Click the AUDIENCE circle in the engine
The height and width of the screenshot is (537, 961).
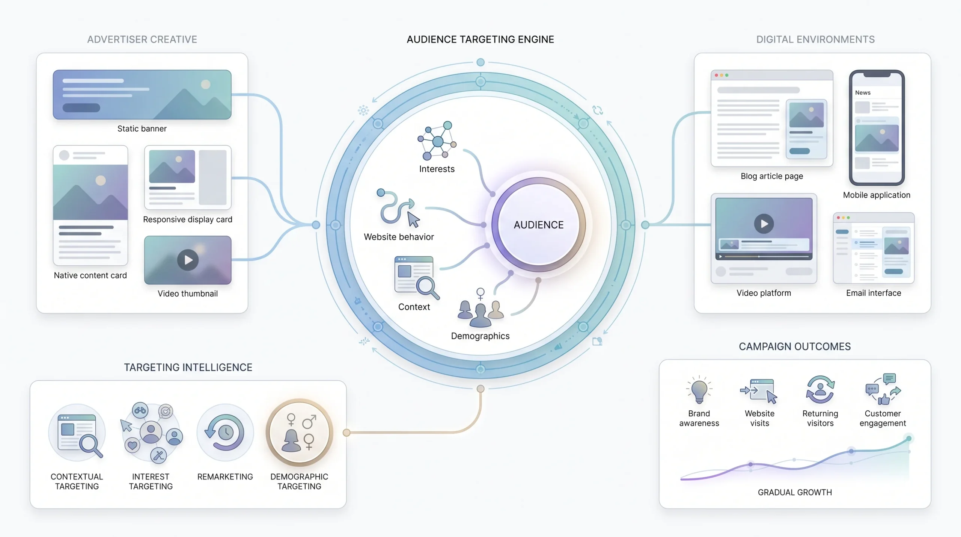pyautogui.click(x=539, y=225)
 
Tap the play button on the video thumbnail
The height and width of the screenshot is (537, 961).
pyautogui.click(x=188, y=260)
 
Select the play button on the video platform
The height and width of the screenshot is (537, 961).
pyautogui.click(x=764, y=224)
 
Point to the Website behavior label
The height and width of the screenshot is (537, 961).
pyautogui.click(x=399, y=237)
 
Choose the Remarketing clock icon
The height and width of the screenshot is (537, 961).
pyautogui.click(x=225, y=432)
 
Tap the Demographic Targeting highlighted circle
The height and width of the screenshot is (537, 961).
pyautogui.click(x=300, y=432)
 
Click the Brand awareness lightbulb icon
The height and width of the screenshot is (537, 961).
pyautogui.click(x=699, y=390)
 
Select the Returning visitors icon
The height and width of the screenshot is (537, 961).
pyautogui.click(x=820, y=390)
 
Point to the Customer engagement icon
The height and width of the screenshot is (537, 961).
pyautogui.click(x=883, y=389)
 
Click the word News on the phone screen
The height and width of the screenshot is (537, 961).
pyautogui.click(x=863, y=92)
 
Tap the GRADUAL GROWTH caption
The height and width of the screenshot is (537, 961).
pyautogui.click(x=795, y=492)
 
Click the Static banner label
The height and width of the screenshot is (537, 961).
pyautogui.click(x=142, y=129)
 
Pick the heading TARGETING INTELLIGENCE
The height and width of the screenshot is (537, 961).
pyautogui.click(x=188, y=367)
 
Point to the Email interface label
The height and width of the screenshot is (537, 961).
pyautogui.click(x=874, y=293)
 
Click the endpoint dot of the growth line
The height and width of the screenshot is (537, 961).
pyautogui.click(x=909, y=439)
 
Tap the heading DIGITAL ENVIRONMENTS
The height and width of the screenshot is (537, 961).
pyautogui.click(x=815, y=39)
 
